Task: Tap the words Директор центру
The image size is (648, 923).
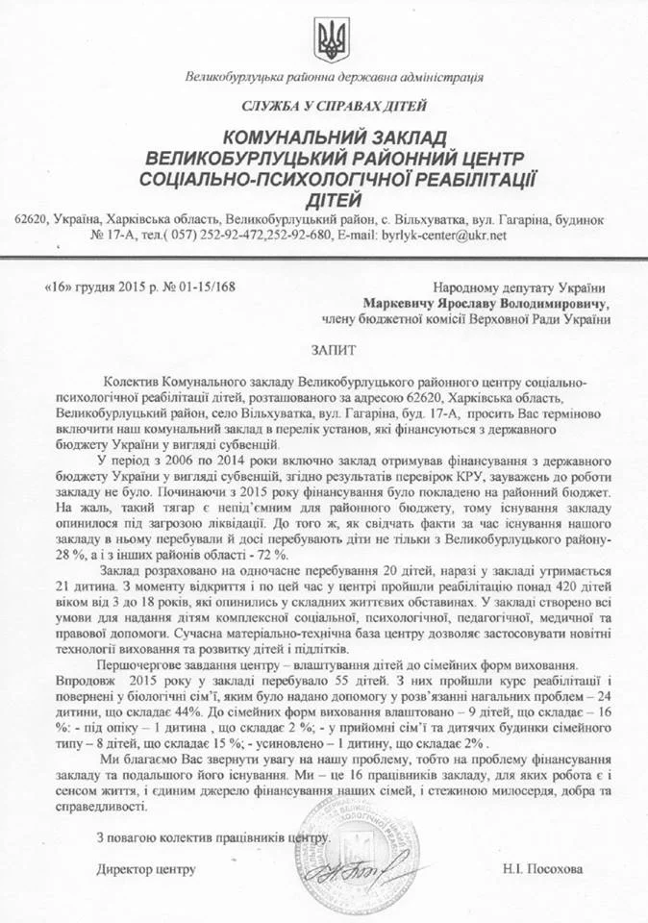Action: click(146, 869)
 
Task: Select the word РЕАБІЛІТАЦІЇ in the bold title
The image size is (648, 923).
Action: click(458, 178)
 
